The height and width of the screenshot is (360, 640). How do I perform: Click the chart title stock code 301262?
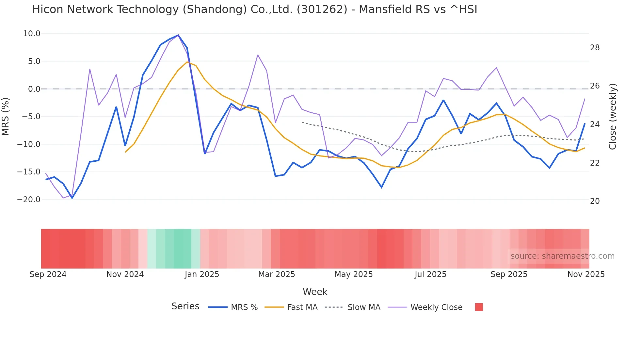pos(322,9)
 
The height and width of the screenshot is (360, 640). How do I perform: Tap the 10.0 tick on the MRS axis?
pos(32,34)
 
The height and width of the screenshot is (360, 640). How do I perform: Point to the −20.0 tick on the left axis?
pos(29,200)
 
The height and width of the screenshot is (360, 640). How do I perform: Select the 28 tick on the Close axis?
pos(595,48)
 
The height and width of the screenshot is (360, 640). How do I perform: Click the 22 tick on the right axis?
pos(595,163)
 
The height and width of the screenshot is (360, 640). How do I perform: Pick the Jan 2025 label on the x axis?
pos(202,274)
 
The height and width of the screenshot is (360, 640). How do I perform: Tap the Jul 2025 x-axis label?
pos(430,274)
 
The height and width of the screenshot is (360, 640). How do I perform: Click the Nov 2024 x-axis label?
pos(125,274)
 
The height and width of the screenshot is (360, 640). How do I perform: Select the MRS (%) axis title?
pos(6,116)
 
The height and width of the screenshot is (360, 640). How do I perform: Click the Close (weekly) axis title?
pos(613,116)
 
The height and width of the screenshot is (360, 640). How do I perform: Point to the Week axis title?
pos(315,292)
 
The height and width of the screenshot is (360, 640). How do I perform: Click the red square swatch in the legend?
pos(479,307)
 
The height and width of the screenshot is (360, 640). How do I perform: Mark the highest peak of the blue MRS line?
pos(178,35)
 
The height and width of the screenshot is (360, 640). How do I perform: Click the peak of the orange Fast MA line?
pos(187,62)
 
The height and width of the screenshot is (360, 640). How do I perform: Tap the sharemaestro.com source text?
pos(562,256)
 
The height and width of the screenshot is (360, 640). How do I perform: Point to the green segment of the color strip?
pos(178,249)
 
